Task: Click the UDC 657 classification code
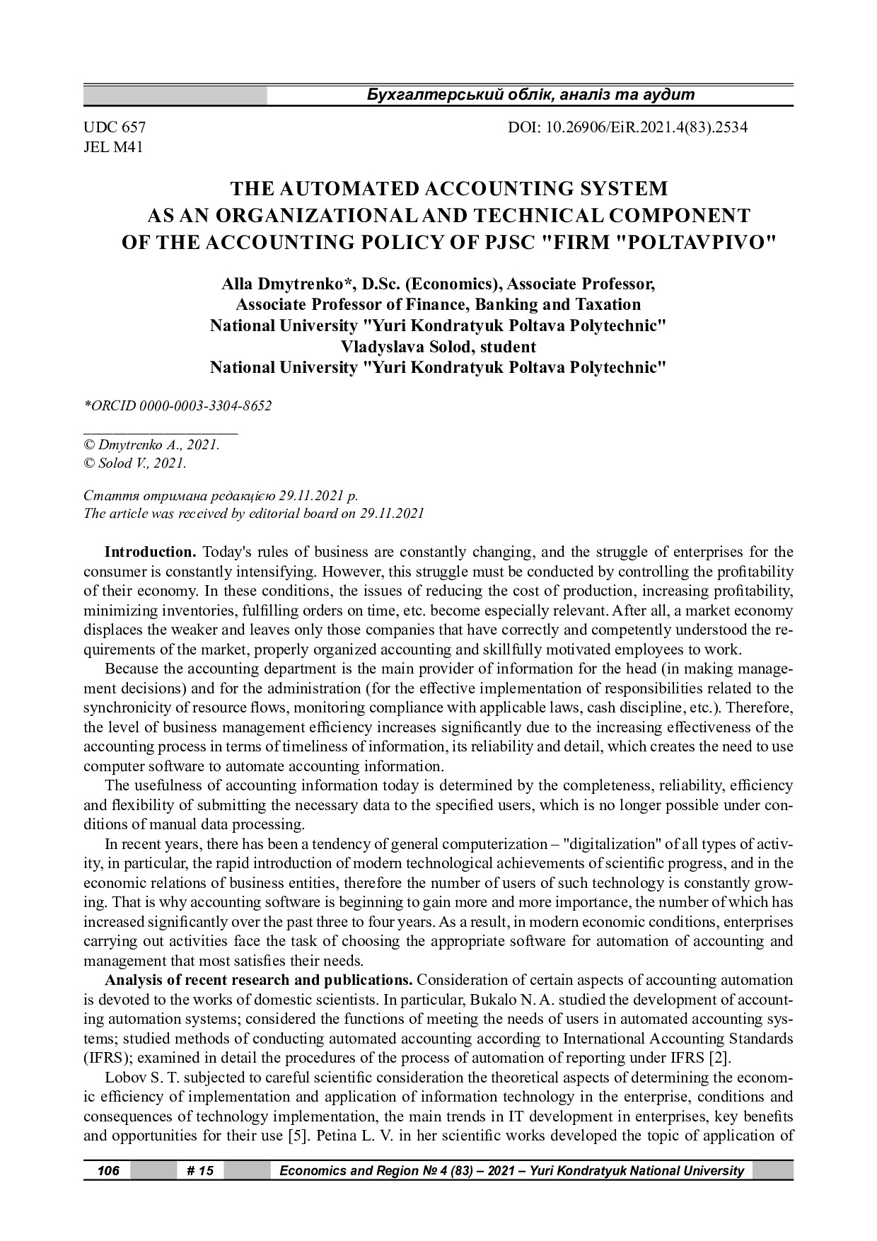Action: tap(115, 128)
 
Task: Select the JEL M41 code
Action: tap(113, 148)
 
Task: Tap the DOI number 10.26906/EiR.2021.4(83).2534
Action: tap(627, 128)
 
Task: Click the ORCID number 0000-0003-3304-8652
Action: tap(205, 406)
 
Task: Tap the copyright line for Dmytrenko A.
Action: tap(152, 445)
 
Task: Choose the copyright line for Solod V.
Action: tap(135, 463)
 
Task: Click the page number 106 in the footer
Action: tap(108, 1171)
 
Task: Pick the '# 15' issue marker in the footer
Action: tap(200, 1171)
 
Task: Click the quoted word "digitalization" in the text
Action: tap(615, 844)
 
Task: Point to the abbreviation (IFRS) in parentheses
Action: tap(106, 1058)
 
